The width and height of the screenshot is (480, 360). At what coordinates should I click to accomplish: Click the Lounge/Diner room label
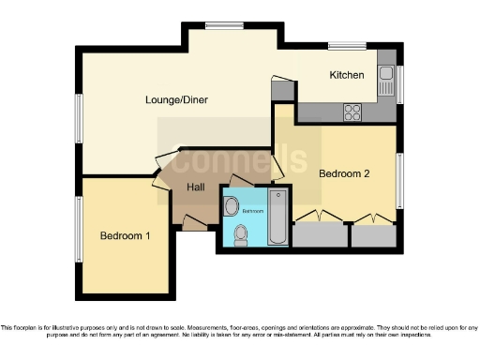176,99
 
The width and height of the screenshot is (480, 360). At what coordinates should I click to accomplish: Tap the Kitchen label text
346,75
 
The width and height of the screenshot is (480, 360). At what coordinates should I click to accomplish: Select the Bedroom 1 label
125,235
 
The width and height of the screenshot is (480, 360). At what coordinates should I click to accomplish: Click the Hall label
196,187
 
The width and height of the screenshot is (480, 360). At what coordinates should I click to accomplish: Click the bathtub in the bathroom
277,217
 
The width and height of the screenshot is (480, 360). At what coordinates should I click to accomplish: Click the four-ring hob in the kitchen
353,112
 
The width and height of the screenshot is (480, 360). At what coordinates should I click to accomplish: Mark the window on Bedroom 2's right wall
400,177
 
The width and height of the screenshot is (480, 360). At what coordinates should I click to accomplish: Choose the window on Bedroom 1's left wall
77,230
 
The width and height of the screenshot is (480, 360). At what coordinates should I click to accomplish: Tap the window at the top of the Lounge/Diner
225,25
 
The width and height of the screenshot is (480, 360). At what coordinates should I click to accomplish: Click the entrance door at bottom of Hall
194,223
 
